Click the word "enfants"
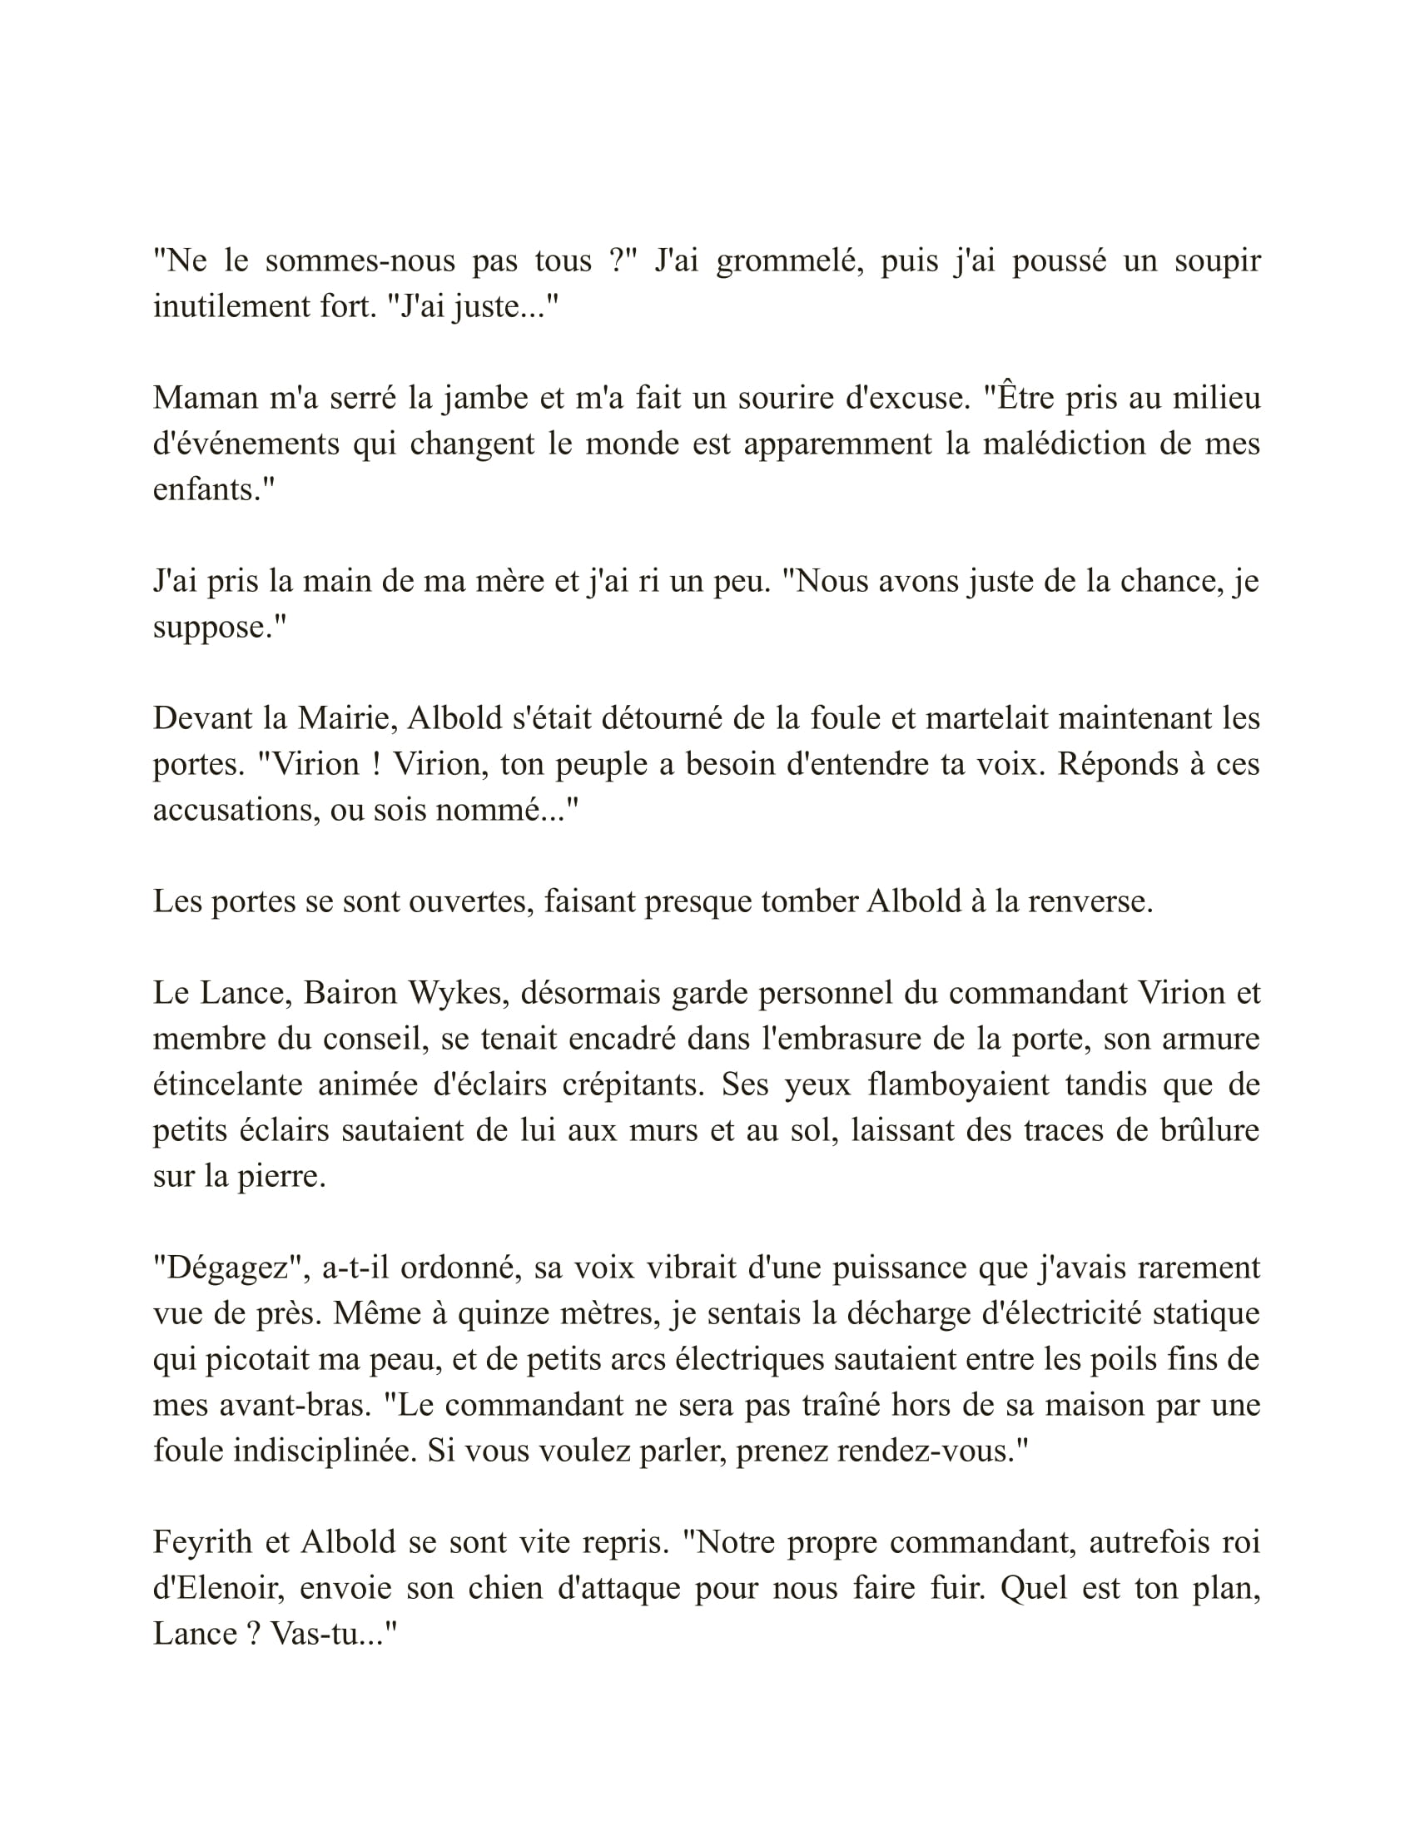point(209,489)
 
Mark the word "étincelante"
point(227,1084)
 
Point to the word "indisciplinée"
point(325,1451)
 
